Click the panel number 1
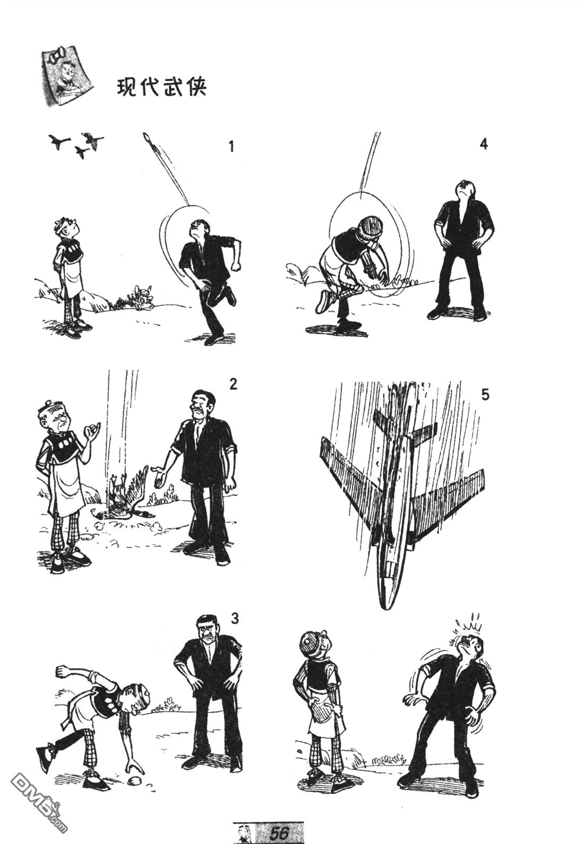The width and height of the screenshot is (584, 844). coord(231,146)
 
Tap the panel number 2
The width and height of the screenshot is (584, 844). coord(233,384)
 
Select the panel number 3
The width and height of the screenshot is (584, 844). coord(235,619)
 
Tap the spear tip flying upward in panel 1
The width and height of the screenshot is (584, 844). coord(147,138)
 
